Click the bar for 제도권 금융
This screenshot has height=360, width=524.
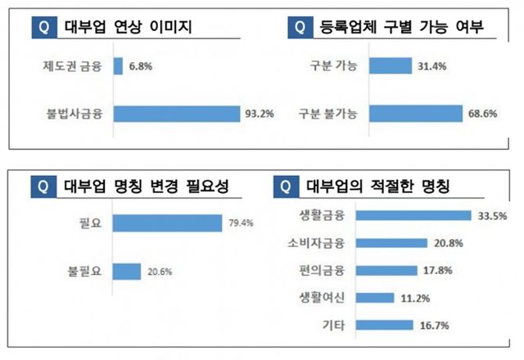118,66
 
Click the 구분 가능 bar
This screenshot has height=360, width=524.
391,66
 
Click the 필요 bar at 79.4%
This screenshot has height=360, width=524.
167,222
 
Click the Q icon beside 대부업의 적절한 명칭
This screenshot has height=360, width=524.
284,186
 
